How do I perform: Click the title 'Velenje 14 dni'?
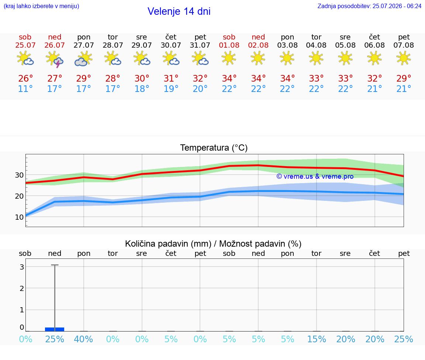tap(179, 11)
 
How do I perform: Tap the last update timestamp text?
tap(369, 6)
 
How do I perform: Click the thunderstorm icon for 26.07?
tap(55, 59)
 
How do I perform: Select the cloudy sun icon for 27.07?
tap(83, 59)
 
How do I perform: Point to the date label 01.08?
tap(229, 45)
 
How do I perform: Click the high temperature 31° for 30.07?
tap(171, 78)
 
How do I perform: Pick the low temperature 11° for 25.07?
tap(25, 89)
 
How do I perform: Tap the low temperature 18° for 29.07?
tap(142, 89)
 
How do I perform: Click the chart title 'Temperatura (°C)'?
tap(214, 148)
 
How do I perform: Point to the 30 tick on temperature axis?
tap(19, 175)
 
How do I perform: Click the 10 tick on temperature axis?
tap(19, 217)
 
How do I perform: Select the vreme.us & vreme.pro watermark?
tap(315, 176)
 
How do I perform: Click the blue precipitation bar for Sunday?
tap(55, 329)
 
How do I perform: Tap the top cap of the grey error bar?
tap(55, 265)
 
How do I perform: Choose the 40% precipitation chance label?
tap(83, 339)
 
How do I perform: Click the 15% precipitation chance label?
tap(316, 339)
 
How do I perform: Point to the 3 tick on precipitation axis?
tap(22, 267)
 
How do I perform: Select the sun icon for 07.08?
tap(404, 58)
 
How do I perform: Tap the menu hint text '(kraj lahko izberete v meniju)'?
tap(41, 6)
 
